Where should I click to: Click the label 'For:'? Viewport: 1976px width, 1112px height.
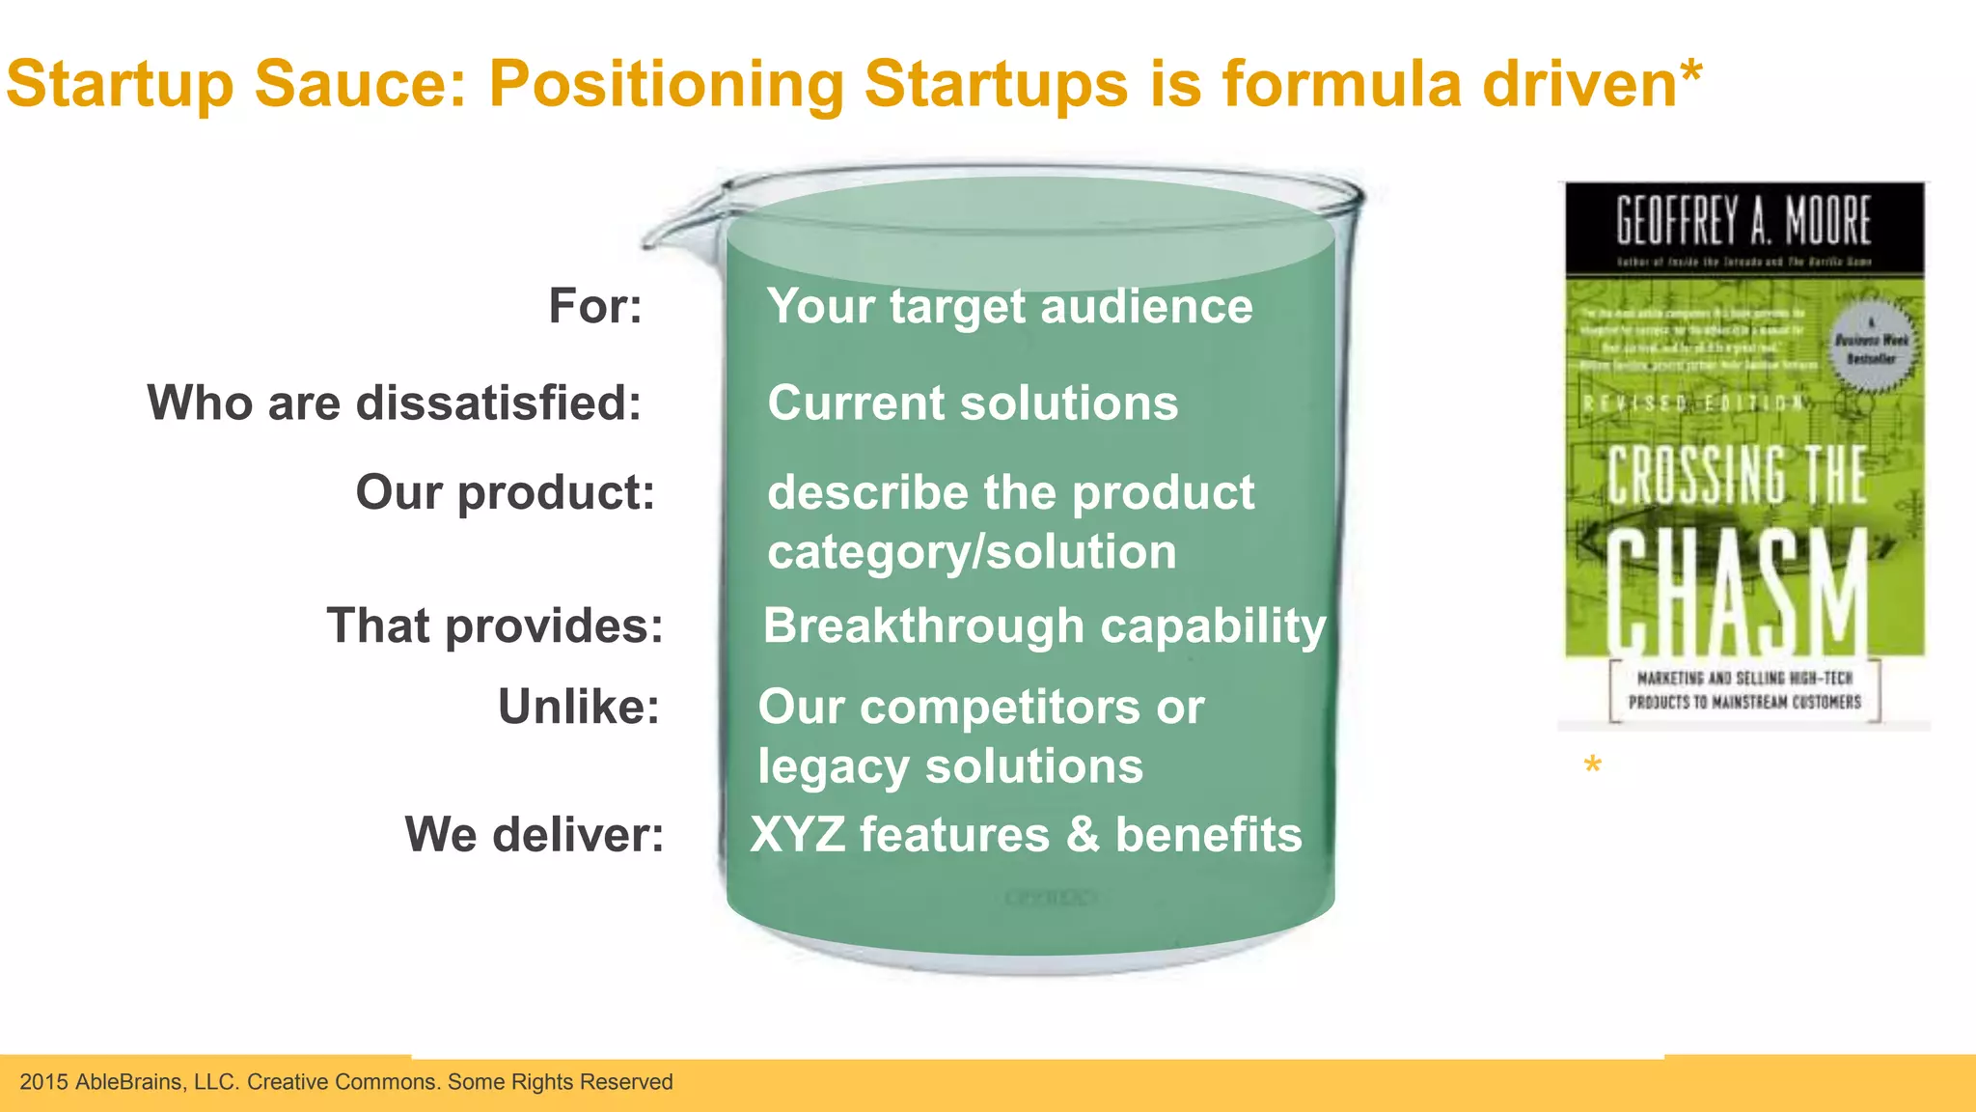pyautogui.click(x=595, y=307)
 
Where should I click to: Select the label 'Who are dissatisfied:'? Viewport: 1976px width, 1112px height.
pyautogui.click(x=394, y=403)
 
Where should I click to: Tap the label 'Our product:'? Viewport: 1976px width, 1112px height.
pyautogui.click(x=506, y=493)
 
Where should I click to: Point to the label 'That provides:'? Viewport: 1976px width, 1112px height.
pyautogui.click(x=495, y=626)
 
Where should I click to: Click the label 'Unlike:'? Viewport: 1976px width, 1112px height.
pyautogui.click(x=579, y=708)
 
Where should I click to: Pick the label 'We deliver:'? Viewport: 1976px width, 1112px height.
pyautogui.click(x=535, y=835)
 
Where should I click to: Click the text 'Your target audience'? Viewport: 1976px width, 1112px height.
pyautogui.click(x=1009, y=307)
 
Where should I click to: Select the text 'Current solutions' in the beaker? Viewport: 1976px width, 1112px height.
pyautogui.click(x=973, y=403)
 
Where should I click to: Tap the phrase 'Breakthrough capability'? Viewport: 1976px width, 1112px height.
pyautogui.click(x=1045, y=626)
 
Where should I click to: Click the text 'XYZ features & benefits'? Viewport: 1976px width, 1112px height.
pyautogui.click(x=1026, y=835)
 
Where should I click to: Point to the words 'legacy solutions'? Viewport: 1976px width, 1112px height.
pyautogui.click(x=950, y=767)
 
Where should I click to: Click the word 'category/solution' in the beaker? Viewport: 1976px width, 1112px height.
pyautogui.click(x=972, y=553)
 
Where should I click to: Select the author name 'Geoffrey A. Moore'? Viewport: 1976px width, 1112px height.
pyautogui.click(x=1743, y=221)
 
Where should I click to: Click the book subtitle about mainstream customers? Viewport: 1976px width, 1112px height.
pyautogui.click(x=1744, y=690)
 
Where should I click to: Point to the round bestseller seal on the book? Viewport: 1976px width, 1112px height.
pyautogui.click(x=1871, y=348)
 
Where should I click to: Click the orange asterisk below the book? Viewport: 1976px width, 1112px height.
pyautogui.click(x=1592, y=766)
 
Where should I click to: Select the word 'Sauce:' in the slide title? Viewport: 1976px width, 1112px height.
pyautogui.click(x=361, y=84)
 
